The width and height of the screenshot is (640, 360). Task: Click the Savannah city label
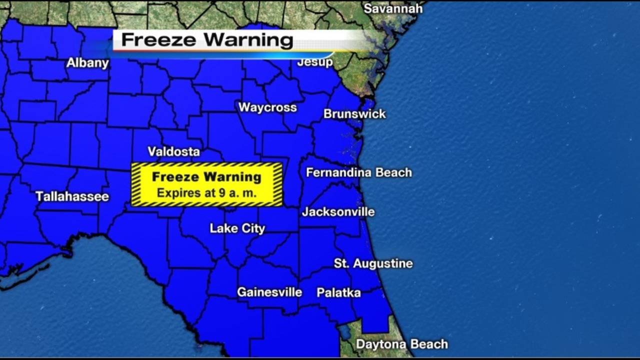click(392, 8)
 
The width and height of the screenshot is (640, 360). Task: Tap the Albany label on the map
click(87, 63)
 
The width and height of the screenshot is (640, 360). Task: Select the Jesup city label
click(315, 62)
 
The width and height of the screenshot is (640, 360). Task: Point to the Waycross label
click(267, 107)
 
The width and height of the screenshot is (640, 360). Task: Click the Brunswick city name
click(354, 114)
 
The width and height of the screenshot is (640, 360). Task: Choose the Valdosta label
click(173, 151)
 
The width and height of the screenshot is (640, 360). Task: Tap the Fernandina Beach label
click(358, 172)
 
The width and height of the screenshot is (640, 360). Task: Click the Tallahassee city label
click(72, 196)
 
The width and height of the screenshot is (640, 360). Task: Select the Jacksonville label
click(338, 211)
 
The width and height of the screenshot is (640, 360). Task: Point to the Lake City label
click(237, 228)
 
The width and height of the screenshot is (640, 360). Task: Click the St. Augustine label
click(373, 263)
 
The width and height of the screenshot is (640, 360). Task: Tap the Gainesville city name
click(269, 292)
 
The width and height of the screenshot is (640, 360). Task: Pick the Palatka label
click(338, 292)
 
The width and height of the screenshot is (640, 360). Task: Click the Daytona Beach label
click(401, 344)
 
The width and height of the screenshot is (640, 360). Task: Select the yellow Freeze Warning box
click(206, 184)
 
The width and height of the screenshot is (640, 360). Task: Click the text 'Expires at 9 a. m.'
click(206, 192)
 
